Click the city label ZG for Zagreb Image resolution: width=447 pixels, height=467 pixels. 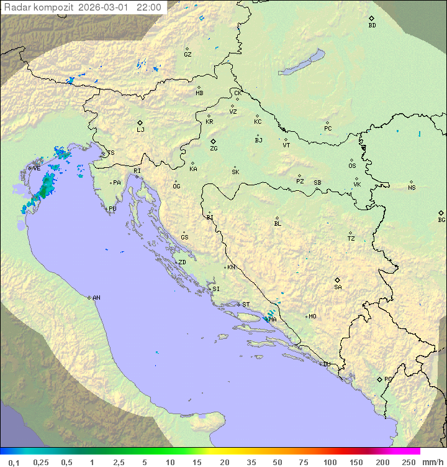pyautogui.click(x=214, y=149)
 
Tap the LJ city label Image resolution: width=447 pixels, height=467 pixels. pyautogui.click(x=140, y=130)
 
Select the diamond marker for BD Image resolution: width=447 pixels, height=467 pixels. pyautogui.click(x=372, y=19)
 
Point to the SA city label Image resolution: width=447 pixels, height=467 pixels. pyautogui.click(x=338, y=287)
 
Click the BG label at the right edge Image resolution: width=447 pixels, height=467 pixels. pyautogui.click(x=441, y=220)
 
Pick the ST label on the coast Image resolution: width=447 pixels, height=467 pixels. pyautogui.click(x=246, y=305)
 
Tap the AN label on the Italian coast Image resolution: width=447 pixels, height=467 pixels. pyautogui.click(x=96, y=298)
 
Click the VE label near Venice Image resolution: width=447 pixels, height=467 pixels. pyautogui.click(x=37, y=168)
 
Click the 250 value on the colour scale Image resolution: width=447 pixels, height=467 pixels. pyautogui.click(x=409, y=462)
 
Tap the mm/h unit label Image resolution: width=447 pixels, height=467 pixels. pyautogui.click(x=432, y=462)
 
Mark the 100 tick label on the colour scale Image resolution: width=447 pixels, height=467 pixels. pyautogui.click(x=330, y=462)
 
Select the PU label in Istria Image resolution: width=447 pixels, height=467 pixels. pyautogui.click(x=112, y=209)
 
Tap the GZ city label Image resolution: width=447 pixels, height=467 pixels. pyautogui.click(x=187, y=54)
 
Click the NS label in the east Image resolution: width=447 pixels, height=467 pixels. pyautogui.click(x=412, y=188)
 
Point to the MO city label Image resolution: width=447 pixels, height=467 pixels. pyautogui.click(x=312, y=316)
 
